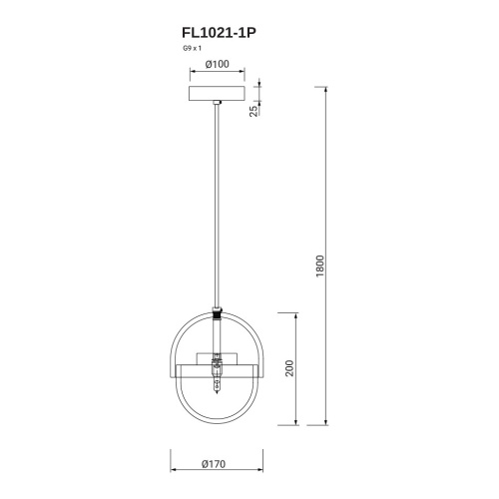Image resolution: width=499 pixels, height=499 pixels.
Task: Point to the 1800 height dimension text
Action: pyautogui.click(x=320, y=268)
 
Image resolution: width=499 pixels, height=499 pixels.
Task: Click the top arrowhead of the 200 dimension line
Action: pyautogui.click(x=298, y=313)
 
